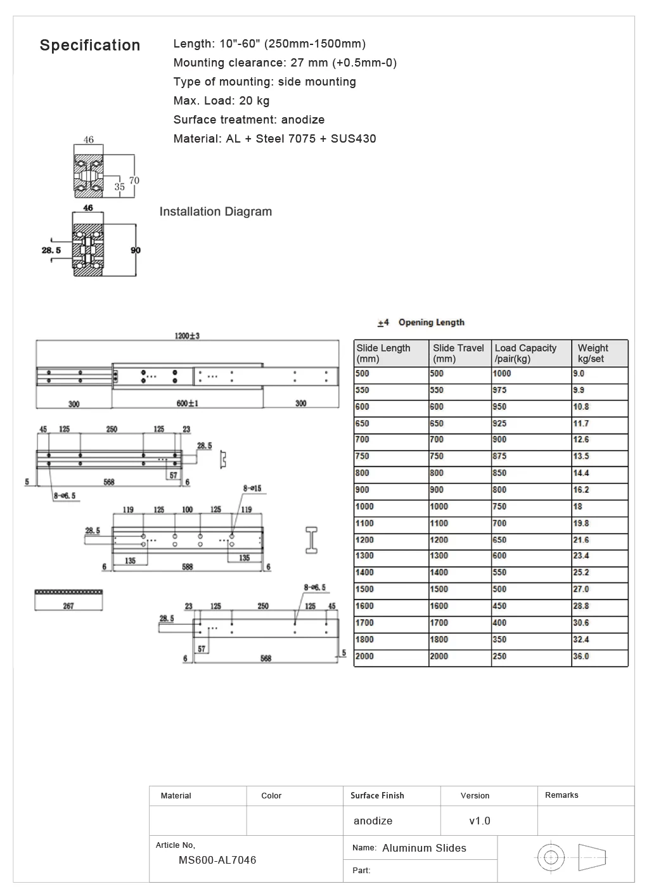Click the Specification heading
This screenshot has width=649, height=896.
pos(90,46)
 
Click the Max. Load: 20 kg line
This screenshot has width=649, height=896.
pos(221,100)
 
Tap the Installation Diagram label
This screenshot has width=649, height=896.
pos(215,211)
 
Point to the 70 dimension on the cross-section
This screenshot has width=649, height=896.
pos(134,181)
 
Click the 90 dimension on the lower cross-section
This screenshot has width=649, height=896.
pos(135,250)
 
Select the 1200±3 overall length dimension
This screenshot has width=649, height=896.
pos(187,336)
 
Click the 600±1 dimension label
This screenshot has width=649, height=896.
pos(187,403)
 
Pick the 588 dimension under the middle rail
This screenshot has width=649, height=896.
pos(187,566)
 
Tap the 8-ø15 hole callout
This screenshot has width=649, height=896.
pos(252,489)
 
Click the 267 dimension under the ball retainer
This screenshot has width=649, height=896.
pos(68,606)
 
